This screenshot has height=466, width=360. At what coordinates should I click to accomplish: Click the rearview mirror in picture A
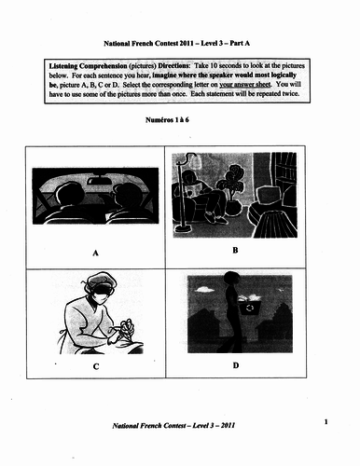click(97, 180)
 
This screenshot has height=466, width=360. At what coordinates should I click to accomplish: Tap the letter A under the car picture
click(95, 254)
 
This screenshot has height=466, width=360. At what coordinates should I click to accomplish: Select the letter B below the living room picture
click(235, 250)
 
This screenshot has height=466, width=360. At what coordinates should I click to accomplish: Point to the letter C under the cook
click(96, 366)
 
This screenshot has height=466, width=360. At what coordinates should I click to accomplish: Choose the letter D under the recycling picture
click(236, 365)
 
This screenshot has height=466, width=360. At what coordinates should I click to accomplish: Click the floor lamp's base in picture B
click(185, 229)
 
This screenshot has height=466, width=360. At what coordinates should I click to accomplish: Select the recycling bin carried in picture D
click(250, 307)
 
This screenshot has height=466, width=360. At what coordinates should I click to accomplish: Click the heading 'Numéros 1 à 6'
click(167, 120)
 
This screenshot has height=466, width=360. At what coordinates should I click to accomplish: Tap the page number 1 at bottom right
click(325, 422)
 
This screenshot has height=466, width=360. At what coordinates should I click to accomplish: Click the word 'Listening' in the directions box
click(63, 66)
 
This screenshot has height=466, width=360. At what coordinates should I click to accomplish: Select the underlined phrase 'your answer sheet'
click(245, 85)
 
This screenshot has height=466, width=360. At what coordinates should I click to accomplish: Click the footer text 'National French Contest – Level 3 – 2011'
click(173, 425)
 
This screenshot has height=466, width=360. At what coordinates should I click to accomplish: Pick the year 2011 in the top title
click(187, 43)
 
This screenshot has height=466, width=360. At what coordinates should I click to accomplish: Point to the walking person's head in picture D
click(230, 278)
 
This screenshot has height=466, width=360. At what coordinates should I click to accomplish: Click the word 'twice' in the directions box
click(291, 93)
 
